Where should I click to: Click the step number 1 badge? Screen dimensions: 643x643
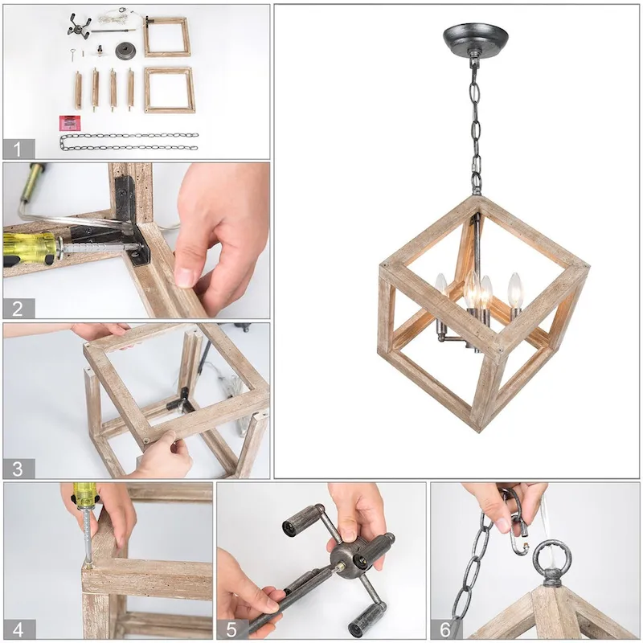[x=18, y=149]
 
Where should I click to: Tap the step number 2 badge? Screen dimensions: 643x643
[x=18, y=308]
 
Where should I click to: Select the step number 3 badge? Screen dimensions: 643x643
[x=18, y=467]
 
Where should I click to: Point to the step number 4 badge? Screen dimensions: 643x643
[x=18, y=629]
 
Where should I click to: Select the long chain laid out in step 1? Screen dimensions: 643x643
[x=129, y=141]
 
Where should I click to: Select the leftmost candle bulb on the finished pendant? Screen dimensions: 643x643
[x=440, y=283]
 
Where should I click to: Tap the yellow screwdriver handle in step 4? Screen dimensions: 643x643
[x=83, y=494]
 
